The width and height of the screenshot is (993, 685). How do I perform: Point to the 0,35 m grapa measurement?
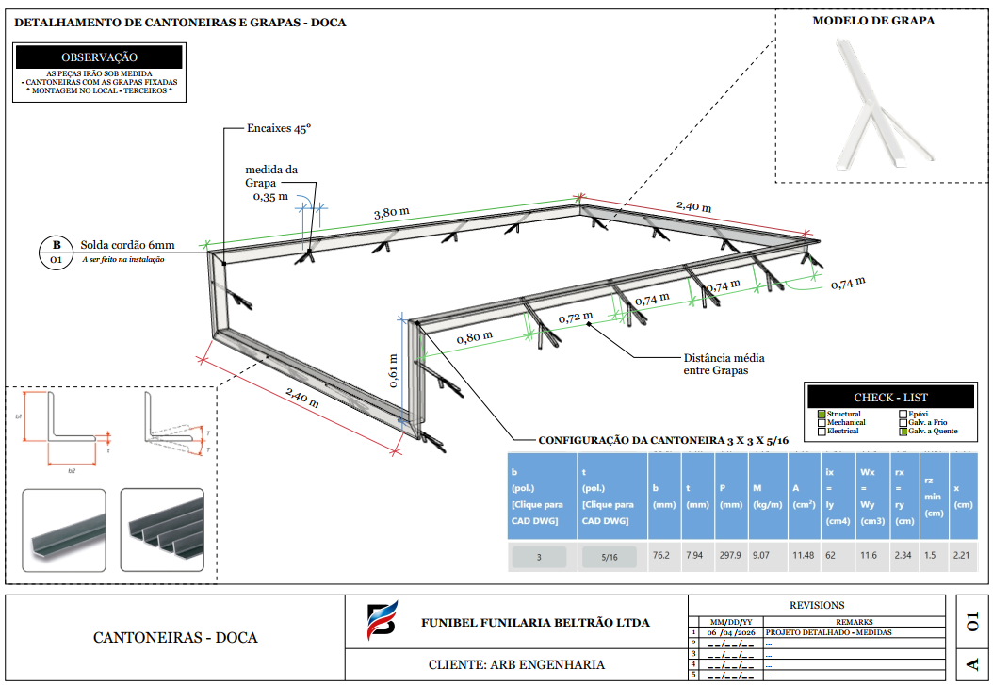[270, 197]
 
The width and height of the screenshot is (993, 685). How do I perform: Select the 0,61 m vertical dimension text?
[394, 370]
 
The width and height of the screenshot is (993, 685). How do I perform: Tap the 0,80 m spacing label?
[475, 336]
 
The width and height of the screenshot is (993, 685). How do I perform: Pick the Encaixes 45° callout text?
[279, 128]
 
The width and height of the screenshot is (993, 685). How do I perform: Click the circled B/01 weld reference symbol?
[57, 251]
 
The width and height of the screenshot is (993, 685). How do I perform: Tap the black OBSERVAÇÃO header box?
[99, 57]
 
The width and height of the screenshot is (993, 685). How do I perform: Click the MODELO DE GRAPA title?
[873, 21]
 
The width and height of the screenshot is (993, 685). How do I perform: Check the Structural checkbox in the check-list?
[822, 415]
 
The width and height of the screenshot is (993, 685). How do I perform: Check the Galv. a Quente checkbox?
[903, 432]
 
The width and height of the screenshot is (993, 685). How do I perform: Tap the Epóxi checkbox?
[903, 415]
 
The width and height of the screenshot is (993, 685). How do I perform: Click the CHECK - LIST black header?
[877, 398]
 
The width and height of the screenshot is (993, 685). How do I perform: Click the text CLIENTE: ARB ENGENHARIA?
[516, 664]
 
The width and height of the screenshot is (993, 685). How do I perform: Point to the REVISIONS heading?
[816, 605]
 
